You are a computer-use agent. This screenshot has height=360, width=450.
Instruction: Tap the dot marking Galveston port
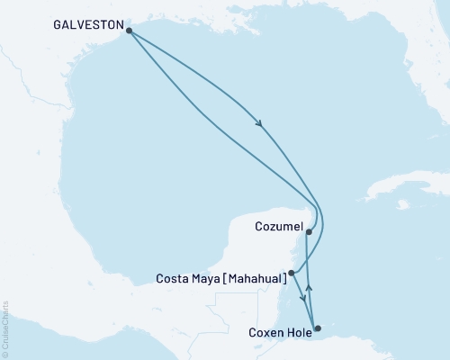129,31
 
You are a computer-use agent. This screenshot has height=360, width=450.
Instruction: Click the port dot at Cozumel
309,232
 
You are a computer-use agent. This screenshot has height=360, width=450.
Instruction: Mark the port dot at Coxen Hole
316,328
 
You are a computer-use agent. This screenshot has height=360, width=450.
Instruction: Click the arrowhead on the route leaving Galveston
260,125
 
